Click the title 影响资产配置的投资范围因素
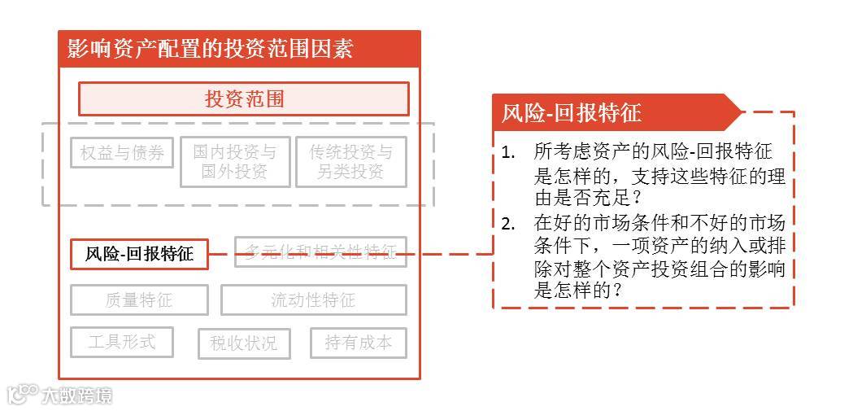(211, 49)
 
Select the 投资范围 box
(243, 99)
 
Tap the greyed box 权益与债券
(122, 153)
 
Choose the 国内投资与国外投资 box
(234, 162)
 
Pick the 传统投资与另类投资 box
(350, 162)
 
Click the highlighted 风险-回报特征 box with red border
(139, 254)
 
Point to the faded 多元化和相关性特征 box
(320, 251)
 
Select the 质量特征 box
(139, 300)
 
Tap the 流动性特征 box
(313, 300)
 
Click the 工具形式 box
(122, 342)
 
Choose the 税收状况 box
(243, 343)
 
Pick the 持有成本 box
(358, 343)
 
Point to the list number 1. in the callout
(508, 152)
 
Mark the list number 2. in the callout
(508, 223)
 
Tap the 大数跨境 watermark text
(76, 396)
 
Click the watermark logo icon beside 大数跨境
(23, 394)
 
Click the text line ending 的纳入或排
(659, 247)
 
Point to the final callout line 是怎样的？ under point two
(578, 291)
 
